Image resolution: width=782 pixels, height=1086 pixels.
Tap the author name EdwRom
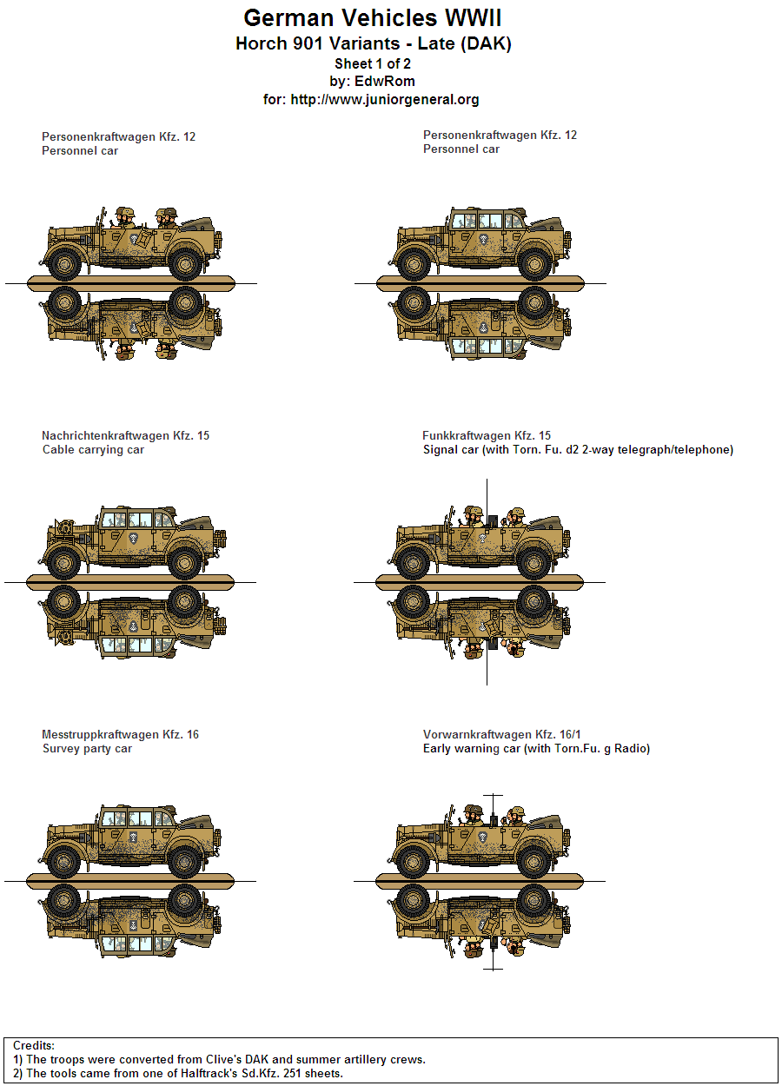(384, 81)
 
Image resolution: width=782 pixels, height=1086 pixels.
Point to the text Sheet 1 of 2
(372, 63)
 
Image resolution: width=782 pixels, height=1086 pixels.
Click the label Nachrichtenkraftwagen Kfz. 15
(125, 435)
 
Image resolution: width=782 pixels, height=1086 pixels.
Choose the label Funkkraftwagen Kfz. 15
(487, 435)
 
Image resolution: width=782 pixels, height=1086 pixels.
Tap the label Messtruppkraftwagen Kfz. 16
(120, 734)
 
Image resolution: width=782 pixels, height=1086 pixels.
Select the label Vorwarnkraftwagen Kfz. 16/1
(502, 734)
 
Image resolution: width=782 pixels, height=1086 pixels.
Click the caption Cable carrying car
(93, 450)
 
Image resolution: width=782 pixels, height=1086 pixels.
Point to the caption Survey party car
(87, 749)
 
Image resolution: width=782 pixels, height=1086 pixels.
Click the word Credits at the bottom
(34, 1045)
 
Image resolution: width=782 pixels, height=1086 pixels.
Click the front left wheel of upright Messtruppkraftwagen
(64, 862)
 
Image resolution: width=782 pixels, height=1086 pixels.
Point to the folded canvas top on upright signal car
(547, 525)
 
